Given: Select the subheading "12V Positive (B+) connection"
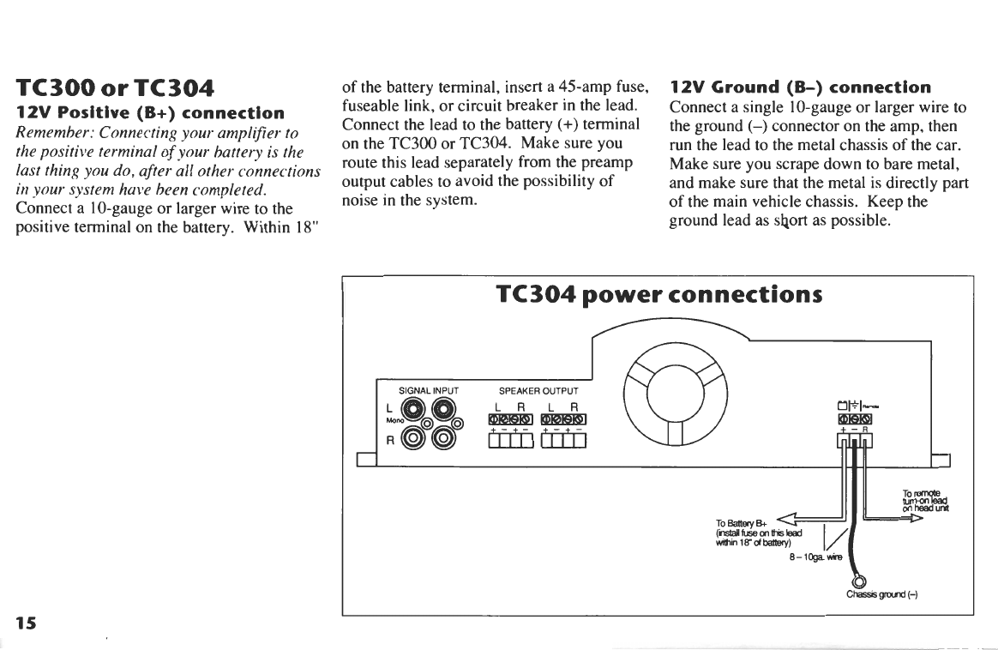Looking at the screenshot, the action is point(151,112).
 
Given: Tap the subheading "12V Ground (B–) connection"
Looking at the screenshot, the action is point(788,87).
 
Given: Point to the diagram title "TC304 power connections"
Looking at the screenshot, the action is point(658,294).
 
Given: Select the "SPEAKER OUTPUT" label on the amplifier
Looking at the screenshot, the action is point(538,391).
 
